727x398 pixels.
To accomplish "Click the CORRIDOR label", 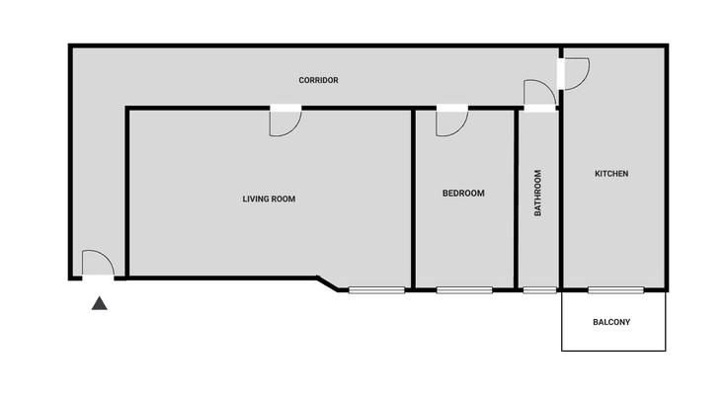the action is coord(318,80).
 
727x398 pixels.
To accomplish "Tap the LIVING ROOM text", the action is coord(269,199).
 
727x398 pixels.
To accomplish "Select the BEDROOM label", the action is coord(463,194).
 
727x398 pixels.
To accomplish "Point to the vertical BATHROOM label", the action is coord(537,193).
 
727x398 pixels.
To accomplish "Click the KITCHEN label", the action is coord(611,174).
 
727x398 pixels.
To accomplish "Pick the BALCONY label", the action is coord(611,322).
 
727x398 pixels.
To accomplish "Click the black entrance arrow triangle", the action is coord(99,303).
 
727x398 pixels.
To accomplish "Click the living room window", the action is coord(376,290).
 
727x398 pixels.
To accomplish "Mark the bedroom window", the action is coord(464,290).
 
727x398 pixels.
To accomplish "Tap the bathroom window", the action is coord(539,290).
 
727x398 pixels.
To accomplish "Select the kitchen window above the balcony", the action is coord(615,290).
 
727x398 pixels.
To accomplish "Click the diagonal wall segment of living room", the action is coord(328,284).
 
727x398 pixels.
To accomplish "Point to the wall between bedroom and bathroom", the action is coord(516,199).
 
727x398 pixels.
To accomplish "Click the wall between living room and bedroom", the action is coord(413,199).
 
